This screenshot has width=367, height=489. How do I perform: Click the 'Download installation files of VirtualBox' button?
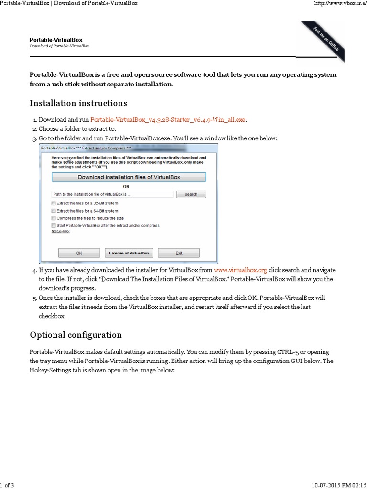coord(129,177)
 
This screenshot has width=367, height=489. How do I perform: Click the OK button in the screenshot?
coord(79,253)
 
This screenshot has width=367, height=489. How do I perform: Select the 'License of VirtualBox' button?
coord(129,253)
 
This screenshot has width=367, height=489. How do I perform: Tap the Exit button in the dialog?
coord(179,253)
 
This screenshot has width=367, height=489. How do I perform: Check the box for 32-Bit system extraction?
coord(54,203)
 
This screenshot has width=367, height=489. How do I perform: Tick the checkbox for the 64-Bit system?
coord(54,211)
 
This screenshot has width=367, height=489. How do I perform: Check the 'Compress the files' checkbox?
coord(54,218)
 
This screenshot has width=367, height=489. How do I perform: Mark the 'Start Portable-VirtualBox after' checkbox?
coord(54,225)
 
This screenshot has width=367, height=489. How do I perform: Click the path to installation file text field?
coord(112,194)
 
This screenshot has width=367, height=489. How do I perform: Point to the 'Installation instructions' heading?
coord(78,103)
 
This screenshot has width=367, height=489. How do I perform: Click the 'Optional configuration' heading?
coord(76,334)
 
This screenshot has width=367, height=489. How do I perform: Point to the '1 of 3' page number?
coord(7,485)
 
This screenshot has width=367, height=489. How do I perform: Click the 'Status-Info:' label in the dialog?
coord(60,231)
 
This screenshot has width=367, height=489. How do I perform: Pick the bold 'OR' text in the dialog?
coord(126,186)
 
